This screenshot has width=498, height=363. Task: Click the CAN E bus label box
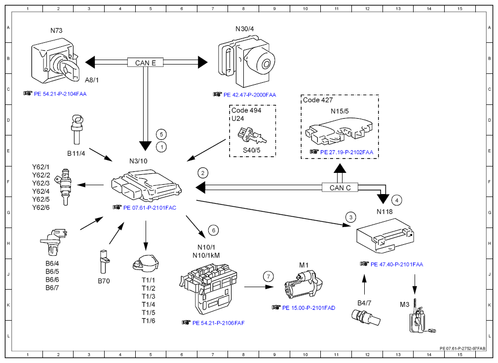pyautogui.click(x=146, y=63)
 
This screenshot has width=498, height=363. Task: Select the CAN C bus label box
pyautogui.click(x=340, y=187)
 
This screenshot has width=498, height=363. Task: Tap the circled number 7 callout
pyautogui.click(x=268, y=276)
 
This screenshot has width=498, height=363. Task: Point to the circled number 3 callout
pyautogui.click(x=350, y=217)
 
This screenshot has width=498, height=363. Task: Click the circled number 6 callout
pyautogui.click(x=213, y=230)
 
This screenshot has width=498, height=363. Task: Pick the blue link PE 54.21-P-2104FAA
pyautogui.click(x=60, y=94)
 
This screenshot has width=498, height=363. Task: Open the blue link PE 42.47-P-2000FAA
pyautogui.click(x=250, y=95)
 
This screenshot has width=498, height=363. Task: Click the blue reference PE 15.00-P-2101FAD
pyautogui.click(x=308, y=308)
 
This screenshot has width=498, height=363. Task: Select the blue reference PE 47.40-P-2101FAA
pyautogui.click(x=397, y=264)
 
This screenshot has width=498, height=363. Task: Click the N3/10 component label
pyautogui.click(x=139, y=161)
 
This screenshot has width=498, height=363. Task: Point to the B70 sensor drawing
pyautogui.click(x=104, y=262)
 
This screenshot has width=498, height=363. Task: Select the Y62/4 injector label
pyautogui.click(x=41, y=191)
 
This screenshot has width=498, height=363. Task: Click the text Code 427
pyautogui.click(x=318, y=100)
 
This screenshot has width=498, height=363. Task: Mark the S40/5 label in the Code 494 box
pyautogui.click(x=252, y=150)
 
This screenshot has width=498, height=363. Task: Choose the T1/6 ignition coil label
pyautogui.click(x=149, y=321)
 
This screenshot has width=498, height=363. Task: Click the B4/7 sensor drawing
pyautogui.click(x=366, y=318)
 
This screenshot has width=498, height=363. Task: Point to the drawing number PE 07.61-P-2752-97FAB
pyautogui.click(x=462, y=348)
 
